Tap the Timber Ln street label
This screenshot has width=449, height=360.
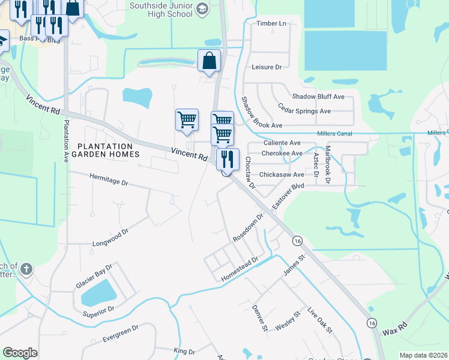coord(271,23)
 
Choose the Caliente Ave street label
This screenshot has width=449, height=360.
coord(282,143)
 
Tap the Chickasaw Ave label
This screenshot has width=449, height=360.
coord(282,175)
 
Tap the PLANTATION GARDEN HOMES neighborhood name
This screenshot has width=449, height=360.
coord(105,150)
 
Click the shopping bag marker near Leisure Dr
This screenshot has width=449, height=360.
coord(209,60)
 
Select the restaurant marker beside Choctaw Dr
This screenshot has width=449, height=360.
coord(228,160)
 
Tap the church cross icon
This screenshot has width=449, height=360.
coord(26,270)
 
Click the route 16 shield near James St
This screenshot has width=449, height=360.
coord(297,241)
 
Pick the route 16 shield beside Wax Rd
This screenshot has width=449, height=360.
coord(373,323)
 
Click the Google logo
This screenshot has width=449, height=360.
coord(20,353)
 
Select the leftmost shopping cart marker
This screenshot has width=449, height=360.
coord(187,119)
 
